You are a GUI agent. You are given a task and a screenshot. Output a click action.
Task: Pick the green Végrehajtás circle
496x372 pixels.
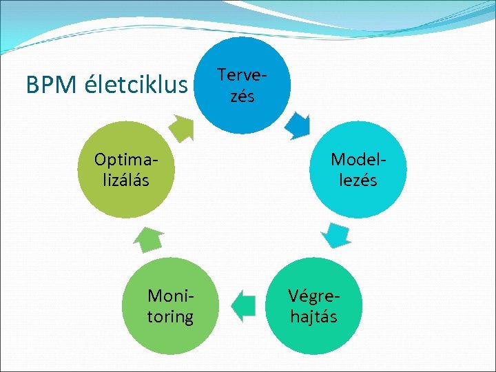pos(313,306)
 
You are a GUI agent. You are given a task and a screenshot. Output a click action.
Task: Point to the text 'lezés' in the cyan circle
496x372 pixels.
pos(353,180)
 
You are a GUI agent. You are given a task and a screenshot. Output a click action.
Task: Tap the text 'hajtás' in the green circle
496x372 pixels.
pos(313,316)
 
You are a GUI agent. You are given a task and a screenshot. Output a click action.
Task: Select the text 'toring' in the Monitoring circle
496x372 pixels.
pos(170,316)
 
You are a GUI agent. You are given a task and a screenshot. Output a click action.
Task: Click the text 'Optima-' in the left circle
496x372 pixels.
pos(125,160)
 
